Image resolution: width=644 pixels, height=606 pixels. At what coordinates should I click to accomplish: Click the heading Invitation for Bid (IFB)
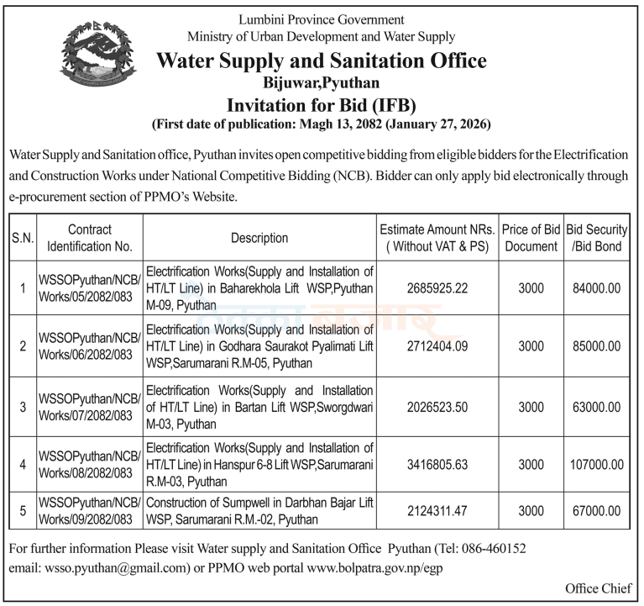(x=322, y=105)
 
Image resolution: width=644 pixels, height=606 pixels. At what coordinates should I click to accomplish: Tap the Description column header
(x=259, y=238)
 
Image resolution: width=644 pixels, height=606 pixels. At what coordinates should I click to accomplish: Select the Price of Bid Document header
(x=531, y=238)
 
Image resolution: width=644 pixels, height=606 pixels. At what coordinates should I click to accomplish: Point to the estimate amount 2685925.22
(x=437, y=288)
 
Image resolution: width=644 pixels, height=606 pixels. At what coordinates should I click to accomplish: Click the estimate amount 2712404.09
(x=437, y=346)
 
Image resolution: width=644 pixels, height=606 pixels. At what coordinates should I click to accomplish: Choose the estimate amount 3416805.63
(x=437, y=464)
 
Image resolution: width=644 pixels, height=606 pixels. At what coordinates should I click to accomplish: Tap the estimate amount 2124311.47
(x=437, y=510)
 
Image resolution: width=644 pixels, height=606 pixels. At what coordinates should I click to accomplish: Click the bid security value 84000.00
(x=595, y=288)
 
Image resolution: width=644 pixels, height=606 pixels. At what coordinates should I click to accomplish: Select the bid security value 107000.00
(x=595, y=464)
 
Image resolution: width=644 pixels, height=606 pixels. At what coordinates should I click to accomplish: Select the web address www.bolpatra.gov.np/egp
(x=375, y=567)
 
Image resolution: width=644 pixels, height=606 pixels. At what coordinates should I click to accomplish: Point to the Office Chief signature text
(x=596, y=588)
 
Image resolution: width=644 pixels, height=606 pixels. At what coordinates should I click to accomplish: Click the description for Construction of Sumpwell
(x=259, y=510)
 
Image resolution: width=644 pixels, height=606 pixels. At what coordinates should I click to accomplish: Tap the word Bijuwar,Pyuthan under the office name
(x=322, y=83)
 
